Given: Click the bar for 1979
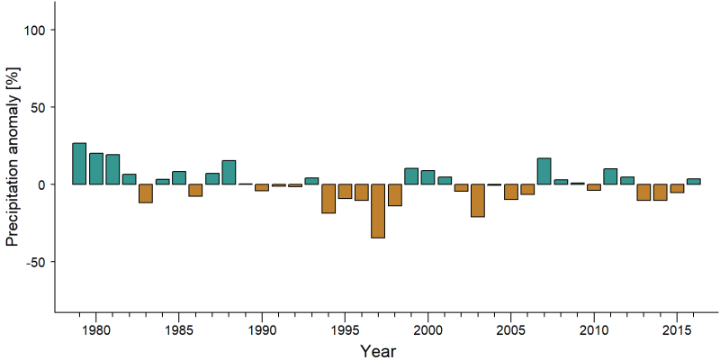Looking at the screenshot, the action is click(x=79, y=164).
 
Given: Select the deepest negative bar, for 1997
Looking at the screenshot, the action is click(x=378, y=211).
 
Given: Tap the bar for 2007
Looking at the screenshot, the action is click(x=544, y=171).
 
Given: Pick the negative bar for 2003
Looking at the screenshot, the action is click(x=478, y=200).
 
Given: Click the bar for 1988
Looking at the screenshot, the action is click(x=229, y=172).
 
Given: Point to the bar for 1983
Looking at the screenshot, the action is click(x=146, y=193).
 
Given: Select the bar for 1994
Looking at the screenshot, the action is click(x=328, y=198).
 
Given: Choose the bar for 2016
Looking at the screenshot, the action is click(x=693, y=182).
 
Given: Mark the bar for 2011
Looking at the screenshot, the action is click(x=610, y=176).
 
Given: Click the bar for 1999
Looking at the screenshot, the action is click(x=411, y=176).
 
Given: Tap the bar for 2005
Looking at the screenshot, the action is click(x=510, y=192).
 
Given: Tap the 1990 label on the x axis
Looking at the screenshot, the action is click(x=262, y=331).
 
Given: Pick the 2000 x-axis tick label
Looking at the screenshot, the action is click(x=427, y=331).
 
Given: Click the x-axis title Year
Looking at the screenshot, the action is click(x=378, y=351).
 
